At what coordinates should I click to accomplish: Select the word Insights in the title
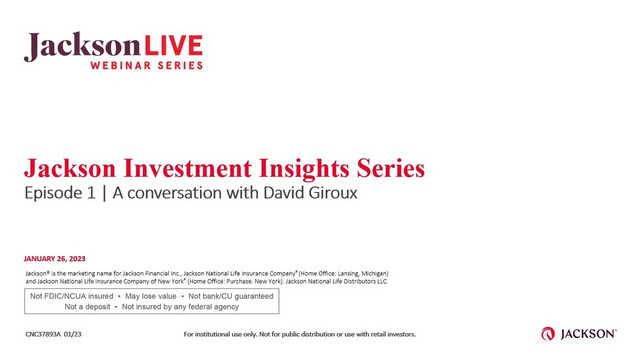pyautogui.click(x=313, y=166)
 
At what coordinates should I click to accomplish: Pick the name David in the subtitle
pyautogui.click(x=264, y=192)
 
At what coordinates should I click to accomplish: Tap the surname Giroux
pyautogui.click(x=326, y=192)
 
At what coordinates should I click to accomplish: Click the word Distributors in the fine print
pyautogui.click(x=350, y=281)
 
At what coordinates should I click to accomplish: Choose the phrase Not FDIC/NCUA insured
pyautogui.click(x=71, y=296)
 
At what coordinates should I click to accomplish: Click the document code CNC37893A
pyautogui.click(x=50, y=334)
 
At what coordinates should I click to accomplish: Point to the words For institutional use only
pyautogui.click(x=224, y=334)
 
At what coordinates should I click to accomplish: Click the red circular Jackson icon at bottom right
pyautogui.click(x=549, y=334)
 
